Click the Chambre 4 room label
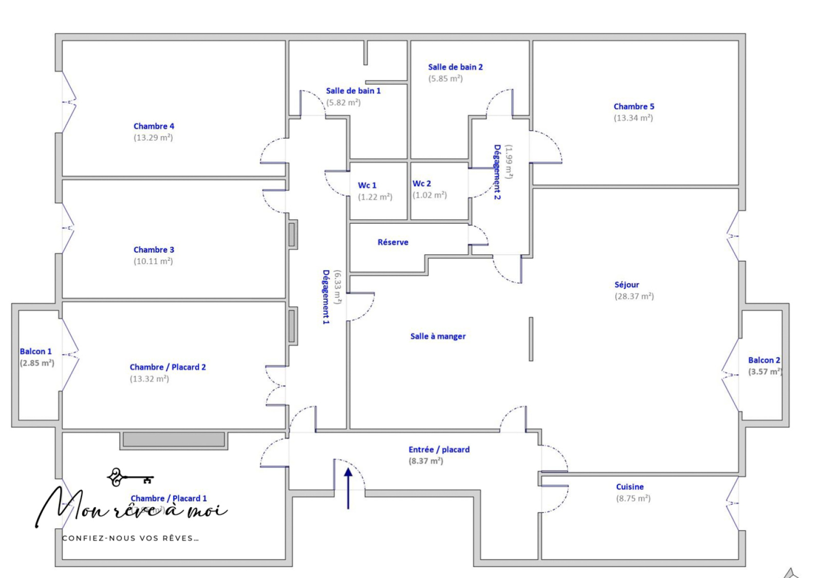[154, 126]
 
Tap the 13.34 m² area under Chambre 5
[633, 118]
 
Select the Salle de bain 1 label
[353, 91]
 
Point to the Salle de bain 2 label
[455, 67]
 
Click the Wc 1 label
[367, 185]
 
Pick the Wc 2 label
[421, 184]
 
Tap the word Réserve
[393, 242]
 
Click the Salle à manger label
[438, 337]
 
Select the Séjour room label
[626, 285]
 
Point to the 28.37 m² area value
[634, 297]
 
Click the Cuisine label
[629, 487]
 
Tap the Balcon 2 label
[763, 360]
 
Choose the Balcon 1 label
[35, 352]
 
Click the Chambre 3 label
[154, 250]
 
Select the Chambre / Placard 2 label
[167, 368]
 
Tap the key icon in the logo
[128, 478]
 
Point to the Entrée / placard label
[439, 450]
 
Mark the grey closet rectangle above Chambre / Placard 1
[174, 440]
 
